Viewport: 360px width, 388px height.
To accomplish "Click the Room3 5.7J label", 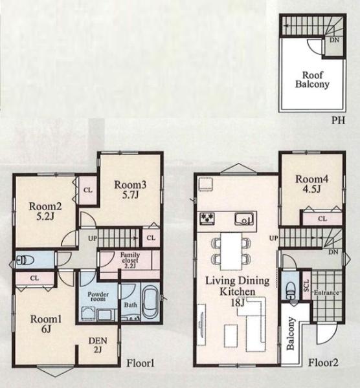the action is [130, 190].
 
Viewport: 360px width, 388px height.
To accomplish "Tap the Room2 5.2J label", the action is [45, 211].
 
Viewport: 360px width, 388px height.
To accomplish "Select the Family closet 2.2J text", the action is [130, 261].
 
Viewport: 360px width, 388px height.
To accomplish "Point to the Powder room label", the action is [98, 297].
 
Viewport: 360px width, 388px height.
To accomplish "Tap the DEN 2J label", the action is [98, 345].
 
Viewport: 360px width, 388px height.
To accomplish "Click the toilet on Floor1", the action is [25, 260].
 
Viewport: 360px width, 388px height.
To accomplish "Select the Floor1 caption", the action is [141, 363].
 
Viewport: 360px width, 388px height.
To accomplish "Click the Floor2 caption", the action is [323, 363].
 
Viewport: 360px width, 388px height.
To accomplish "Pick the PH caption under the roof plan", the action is [338, 120].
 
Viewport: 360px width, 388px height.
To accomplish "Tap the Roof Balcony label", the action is [313, 80].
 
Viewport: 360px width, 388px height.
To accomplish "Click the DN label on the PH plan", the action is [334, 39].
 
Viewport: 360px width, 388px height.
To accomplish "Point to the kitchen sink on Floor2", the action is [244, 219].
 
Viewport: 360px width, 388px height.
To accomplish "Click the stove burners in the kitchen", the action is [207, 219].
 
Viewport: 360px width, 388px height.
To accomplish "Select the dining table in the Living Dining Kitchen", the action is [231, 251].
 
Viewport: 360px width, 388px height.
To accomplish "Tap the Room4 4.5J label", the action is [312, 184].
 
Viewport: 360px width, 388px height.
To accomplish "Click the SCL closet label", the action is [306, 285].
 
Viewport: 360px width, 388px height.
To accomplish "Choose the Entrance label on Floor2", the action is [326, 292].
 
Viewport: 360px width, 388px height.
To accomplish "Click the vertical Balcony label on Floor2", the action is [290, 333].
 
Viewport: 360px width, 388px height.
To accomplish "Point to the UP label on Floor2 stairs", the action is [273, 238].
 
